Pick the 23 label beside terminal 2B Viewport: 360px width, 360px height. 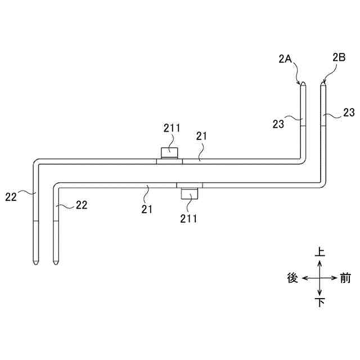pos(349,113)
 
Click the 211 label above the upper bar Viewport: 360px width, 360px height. pos(172,128)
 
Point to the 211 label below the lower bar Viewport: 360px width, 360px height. pos(189,218)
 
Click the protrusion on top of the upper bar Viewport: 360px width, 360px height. pos(169,152)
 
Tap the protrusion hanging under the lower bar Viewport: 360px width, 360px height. pos(190,195)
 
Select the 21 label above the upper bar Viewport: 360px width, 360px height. pos(202,136)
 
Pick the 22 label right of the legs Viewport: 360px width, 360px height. pos(81,205)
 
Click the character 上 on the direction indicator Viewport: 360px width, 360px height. pos(319,252)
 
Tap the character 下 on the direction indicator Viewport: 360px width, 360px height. pos(319,303)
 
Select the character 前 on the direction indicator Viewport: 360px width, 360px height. pos(345,278)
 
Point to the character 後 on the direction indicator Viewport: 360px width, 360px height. pos(292,278)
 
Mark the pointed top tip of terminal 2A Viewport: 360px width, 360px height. pos(303,83)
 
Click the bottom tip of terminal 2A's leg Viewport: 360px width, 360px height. pos(35,264)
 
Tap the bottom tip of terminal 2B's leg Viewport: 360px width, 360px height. pos(56,264)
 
